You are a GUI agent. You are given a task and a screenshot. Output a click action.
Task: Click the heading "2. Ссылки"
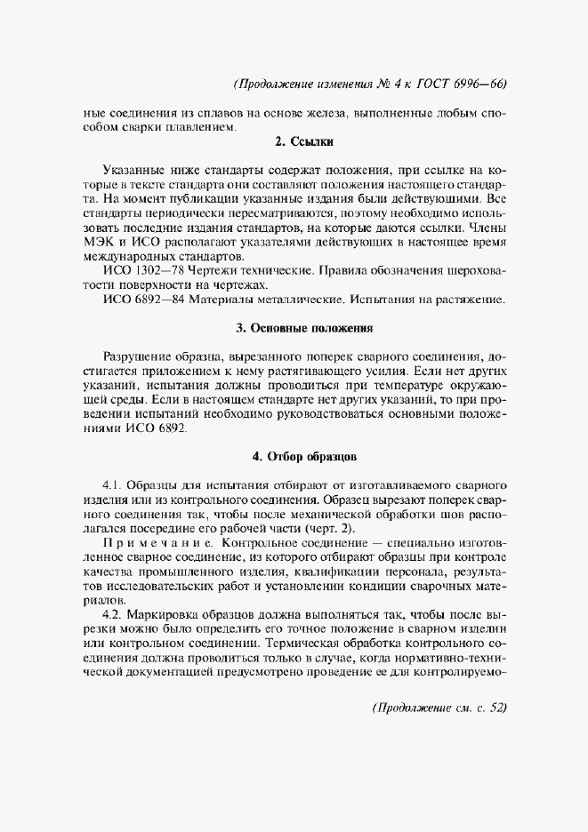click(x=303, y=141)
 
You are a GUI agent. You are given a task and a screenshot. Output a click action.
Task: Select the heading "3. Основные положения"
click(x=304, y=327)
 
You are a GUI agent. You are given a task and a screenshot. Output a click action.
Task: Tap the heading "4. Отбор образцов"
click(x=304, y=457)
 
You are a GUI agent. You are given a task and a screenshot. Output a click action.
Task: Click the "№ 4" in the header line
click(x=381, y=85)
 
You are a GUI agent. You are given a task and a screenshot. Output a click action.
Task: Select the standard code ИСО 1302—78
click(x=141, y=270)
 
